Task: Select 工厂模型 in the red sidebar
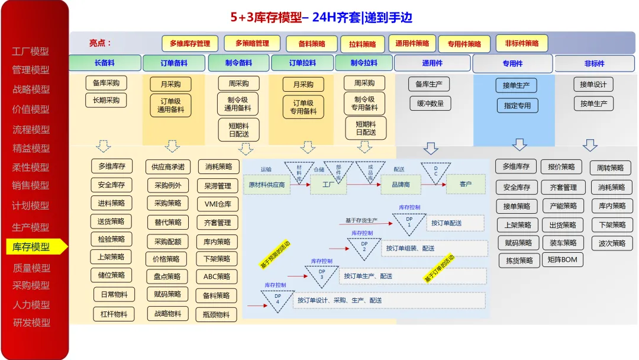pyautogui.click(x=31, y=52)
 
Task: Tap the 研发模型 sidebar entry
pyautogui.click(x=31, y=323)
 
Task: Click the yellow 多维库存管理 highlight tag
pyautogui.click(x=190, y=43)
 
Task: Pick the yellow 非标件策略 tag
pyautogui.click(x=522, y=43)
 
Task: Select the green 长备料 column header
pyautogui.click(x=105, y=63)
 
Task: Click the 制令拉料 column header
pyautogui.click(x=363, y=63)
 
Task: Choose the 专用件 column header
pyautogui.click(x=512, y=63)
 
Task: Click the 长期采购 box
pyautogui.click(x=106, y=100)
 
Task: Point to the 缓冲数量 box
pyautogui.click(x=431, y=104)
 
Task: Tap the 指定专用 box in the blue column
pyautogui.click(x=517, y=105)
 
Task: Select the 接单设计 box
pyautogui.click(x=593, y=85)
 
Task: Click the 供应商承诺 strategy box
pyautogui.click(x=168, y=166)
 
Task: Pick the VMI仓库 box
pyautogui.click(x=217, y=205)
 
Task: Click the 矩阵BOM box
pyautogui.click(x=562, y=259)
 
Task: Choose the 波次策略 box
pyautogui.click(x=612, y=243)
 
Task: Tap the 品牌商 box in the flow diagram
pyautogui.click(x=399, y=184)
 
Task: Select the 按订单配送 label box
pyautogui.click(x=453, y=223)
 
